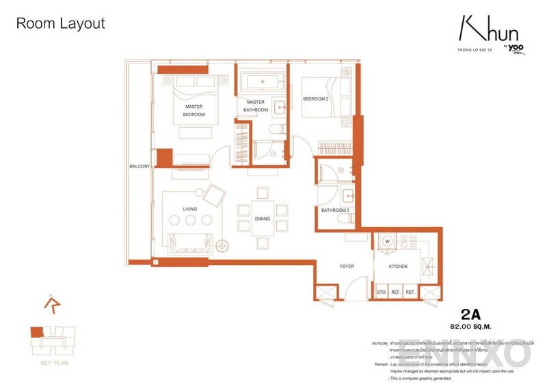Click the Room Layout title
60,24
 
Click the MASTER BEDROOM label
194,111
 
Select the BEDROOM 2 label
317,100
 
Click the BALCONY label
139,167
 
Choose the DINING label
262,219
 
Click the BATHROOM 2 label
336,210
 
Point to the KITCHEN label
398,266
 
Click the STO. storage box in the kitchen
382,292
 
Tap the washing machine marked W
386,241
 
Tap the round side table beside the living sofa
222,245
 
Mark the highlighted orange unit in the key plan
36,332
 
